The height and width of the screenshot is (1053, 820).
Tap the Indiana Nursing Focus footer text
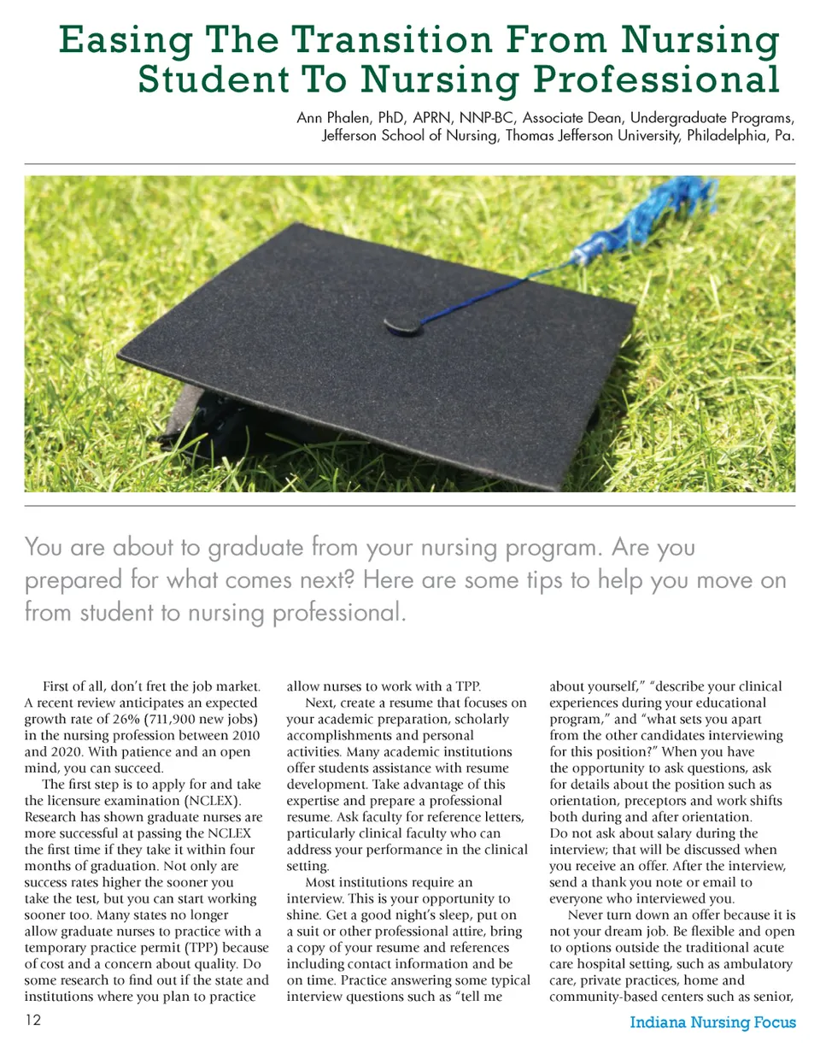(713, 1022)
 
